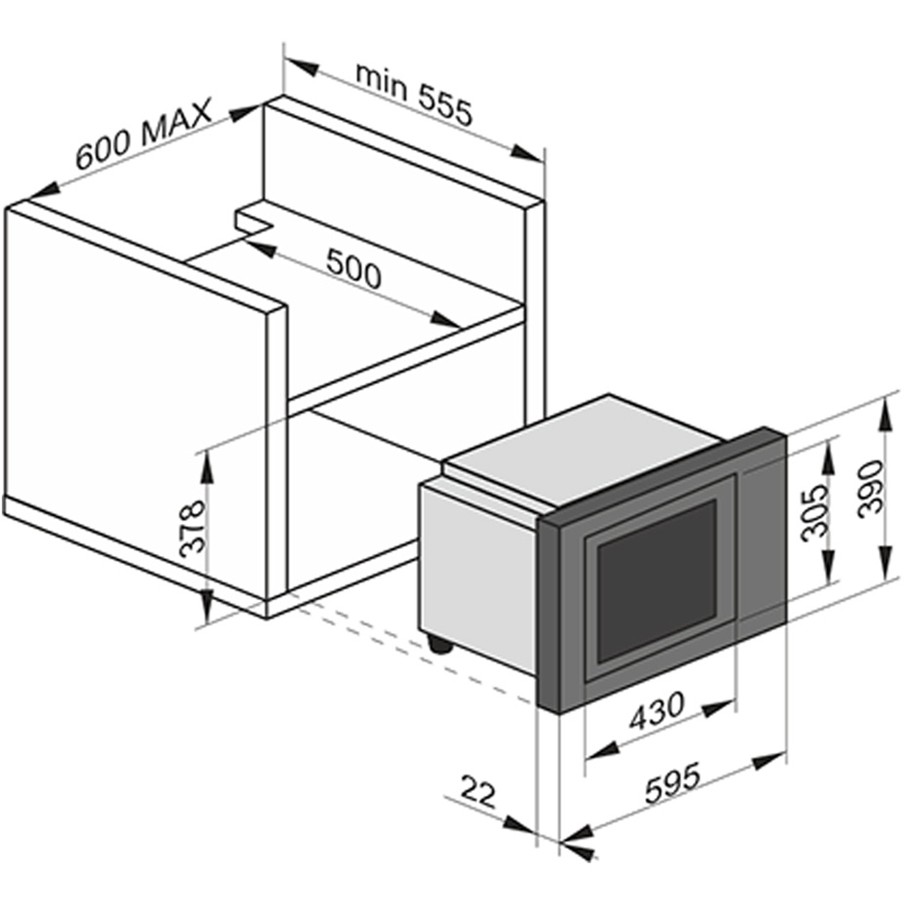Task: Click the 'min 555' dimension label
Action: [414, 94]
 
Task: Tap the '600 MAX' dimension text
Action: [144, 134]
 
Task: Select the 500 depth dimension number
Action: [353, 268]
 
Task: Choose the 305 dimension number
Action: [815, 512]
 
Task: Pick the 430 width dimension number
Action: [656, 710]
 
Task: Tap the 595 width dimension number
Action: [673, 783]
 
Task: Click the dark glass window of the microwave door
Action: [656, 580]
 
